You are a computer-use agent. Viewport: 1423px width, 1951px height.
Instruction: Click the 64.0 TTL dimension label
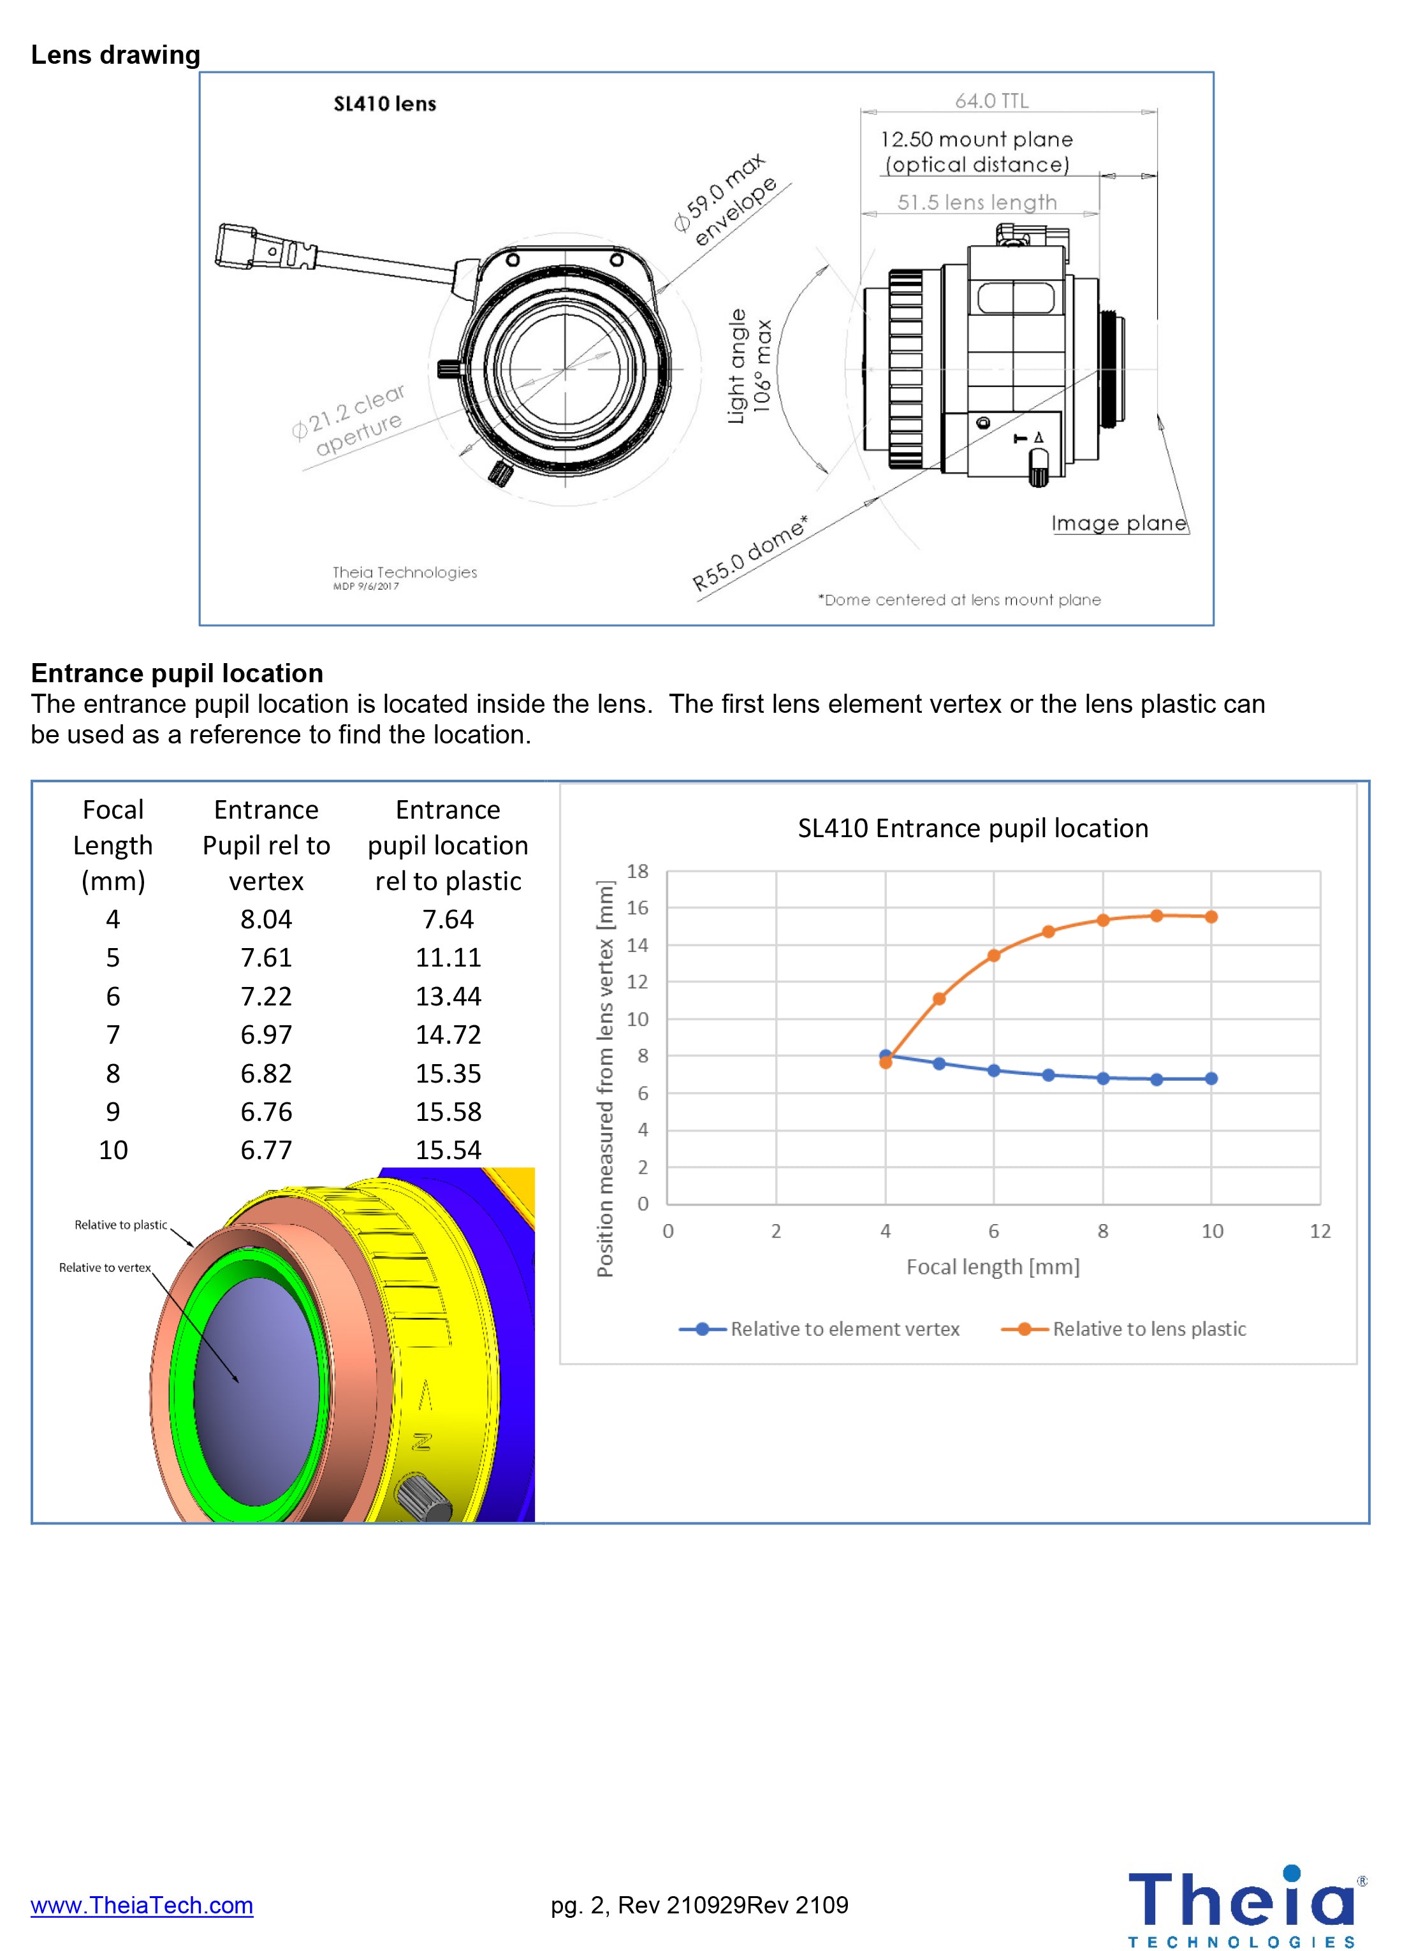(991, 101)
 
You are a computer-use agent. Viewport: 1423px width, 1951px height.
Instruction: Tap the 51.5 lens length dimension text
(976, 202)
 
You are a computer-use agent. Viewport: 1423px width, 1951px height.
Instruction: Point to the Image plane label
(1118, 523)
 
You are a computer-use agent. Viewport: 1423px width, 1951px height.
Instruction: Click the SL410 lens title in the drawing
(384, 104)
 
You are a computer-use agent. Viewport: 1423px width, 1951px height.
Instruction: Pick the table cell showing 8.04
(266, 919)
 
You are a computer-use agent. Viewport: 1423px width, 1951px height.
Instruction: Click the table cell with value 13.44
(448, 997)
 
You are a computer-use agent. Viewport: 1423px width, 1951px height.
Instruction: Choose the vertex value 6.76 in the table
(266, 1112)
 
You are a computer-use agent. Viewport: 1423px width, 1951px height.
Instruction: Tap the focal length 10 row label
(113, 1151)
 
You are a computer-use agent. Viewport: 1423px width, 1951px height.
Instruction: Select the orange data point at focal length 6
(993, 955)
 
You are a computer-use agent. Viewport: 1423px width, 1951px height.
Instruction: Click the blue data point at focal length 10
(1211, 1078)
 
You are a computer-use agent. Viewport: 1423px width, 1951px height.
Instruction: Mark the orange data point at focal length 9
(1157, 916)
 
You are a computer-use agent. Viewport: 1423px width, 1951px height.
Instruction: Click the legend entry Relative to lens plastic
(1148, 1329)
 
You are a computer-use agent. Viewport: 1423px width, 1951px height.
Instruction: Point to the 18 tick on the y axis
(638, 871)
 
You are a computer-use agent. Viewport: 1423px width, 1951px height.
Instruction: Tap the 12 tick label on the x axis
(1320, 1231)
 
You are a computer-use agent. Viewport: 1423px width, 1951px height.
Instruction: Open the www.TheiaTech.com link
(142, 1904)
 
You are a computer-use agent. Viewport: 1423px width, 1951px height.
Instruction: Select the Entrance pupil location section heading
(177, 673)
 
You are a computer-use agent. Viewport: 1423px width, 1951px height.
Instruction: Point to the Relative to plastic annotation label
(120, 1225)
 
